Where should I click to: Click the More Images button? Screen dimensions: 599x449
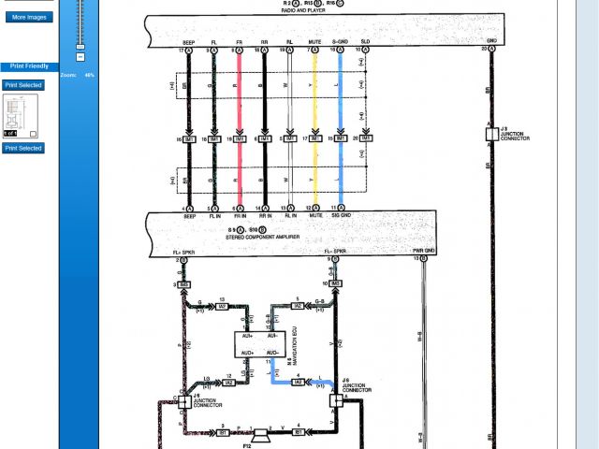(30, 17)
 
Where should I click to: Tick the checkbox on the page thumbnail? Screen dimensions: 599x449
(33, 134)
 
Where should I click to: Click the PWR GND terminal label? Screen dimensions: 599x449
(424, 251)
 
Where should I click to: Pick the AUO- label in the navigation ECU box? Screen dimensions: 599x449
(273, 352)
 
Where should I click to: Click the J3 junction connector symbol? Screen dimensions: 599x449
(490, 134)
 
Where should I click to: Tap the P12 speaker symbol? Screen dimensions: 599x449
(256, 433)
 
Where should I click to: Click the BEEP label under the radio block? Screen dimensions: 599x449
(188, 42)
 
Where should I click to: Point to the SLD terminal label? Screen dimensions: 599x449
(365, 42)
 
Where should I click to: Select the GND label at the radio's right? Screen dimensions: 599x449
(490, 41)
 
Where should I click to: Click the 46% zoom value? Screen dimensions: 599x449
(90, 74)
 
